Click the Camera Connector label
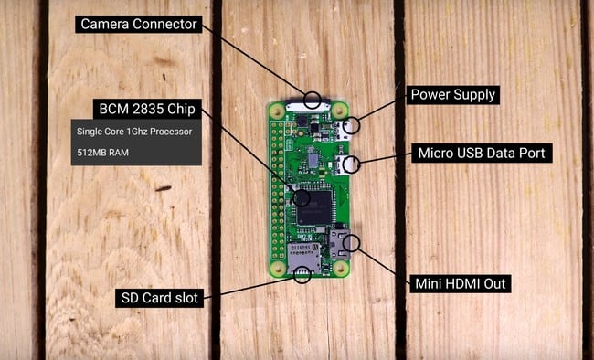pyautogui.click(x=139, y=24)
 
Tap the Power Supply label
pyautogui.click(x=451, y=94)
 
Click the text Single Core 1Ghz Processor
pyautogui.click(x=134, y=131)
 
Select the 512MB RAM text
pyautogui.click(x=103, y=152)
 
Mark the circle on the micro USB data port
pyautogui.click(x=351, y=165)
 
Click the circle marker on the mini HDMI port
pyautogui.click(x=351, y=243)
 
